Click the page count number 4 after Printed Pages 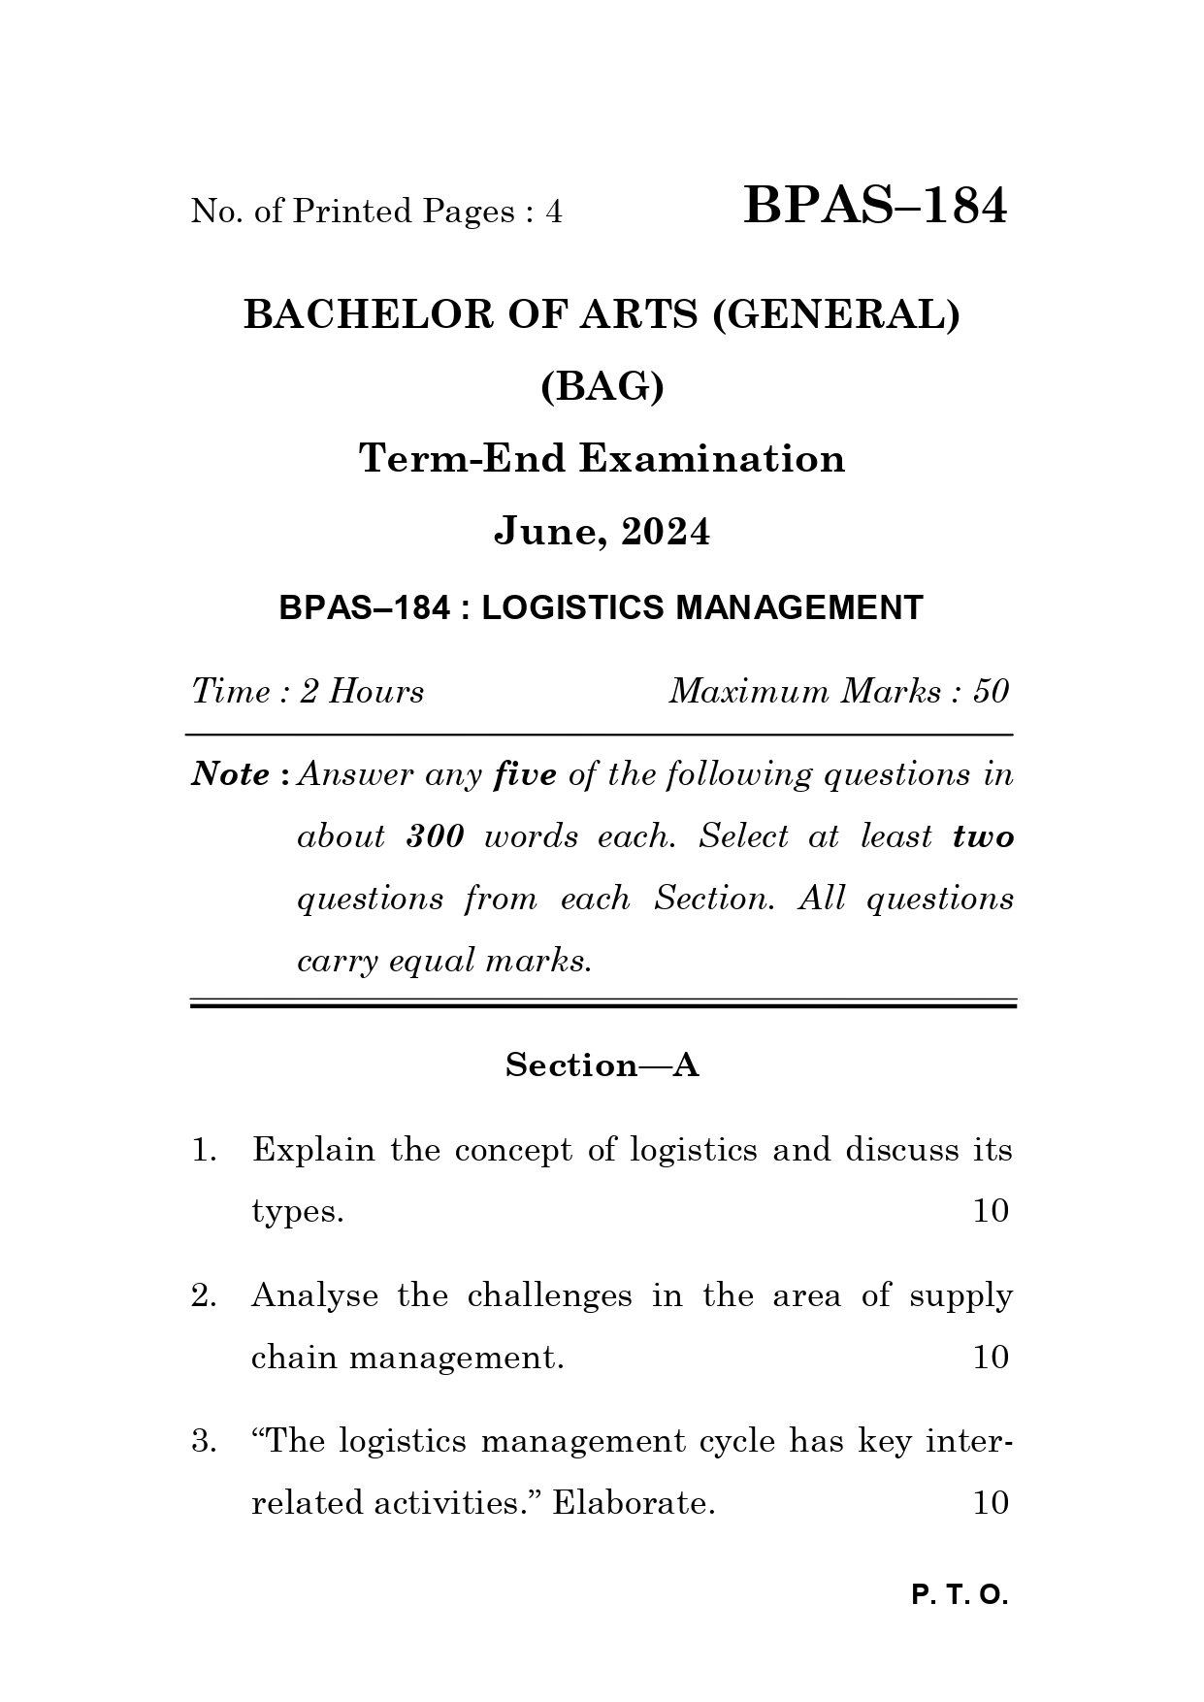click(553, 212)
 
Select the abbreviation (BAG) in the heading click(602, 387)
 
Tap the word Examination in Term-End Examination click(712, 458)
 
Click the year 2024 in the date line click(666, 532)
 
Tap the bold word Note click(231, 774)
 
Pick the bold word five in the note click(525, 774)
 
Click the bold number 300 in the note click(435, 836)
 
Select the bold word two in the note click(983, 836)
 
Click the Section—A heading click(602, 1065)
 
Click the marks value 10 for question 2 click(991, 1357)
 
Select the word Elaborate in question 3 click(633, 1503)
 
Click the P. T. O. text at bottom click(960, 1595)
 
